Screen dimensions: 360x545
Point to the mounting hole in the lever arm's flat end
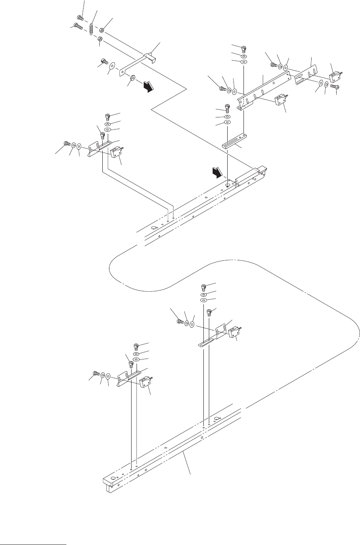pyautogui.click(x=122, y=72)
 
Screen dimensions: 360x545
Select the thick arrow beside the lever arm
pyautogui.click(x=148, y=87)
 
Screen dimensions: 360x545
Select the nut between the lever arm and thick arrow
pyautogui.click(x=132, y=78)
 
